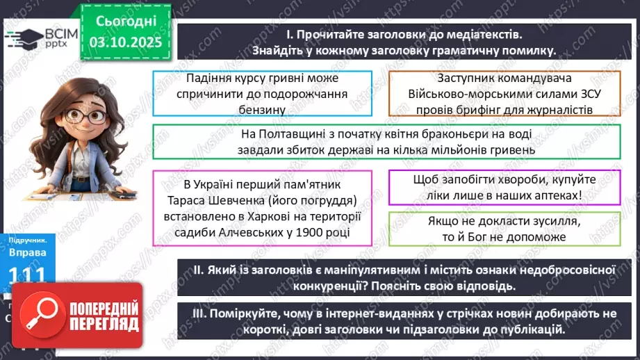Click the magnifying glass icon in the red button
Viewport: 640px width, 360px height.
click(x=42, y=312)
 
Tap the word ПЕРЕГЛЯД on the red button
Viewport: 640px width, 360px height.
click(x=106, y=323)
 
